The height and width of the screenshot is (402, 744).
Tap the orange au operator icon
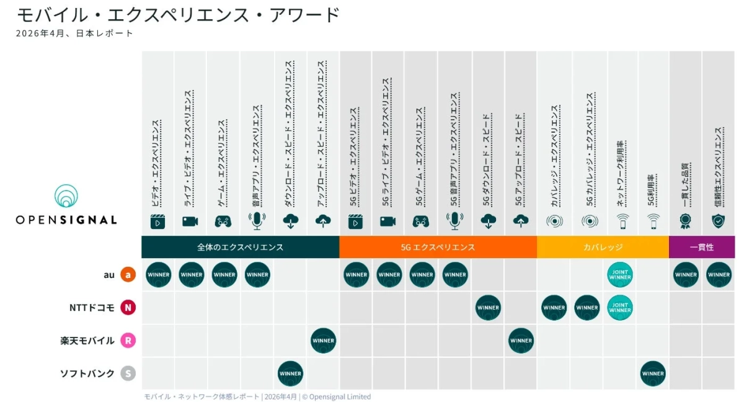point(128,275)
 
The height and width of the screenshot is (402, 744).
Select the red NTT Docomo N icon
point(128,308)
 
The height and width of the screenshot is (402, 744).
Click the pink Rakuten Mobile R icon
point(128,341)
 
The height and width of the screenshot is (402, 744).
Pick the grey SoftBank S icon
point(128,373)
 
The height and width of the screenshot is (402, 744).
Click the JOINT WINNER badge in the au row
point(620,275)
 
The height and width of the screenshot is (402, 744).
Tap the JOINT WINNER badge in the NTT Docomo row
point(620,308)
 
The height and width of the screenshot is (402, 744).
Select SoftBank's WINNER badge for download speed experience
point(290,373)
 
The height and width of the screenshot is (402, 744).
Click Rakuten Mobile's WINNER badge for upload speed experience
point(323,341)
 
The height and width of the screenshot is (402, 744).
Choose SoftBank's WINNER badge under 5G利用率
point(653,373)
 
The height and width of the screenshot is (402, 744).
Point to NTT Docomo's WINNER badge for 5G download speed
point(488,308)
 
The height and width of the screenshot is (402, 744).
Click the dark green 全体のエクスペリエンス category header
point(240,247)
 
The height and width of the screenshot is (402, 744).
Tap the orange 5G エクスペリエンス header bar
point(438,247)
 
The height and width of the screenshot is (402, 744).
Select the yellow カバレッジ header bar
point(603,247)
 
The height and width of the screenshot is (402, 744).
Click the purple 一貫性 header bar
point(702,247)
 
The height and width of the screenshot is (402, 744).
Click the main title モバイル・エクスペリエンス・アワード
point(178,14)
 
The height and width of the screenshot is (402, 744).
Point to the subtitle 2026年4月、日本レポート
point(74,33)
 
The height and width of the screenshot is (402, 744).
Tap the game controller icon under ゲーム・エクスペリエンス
point(223,221)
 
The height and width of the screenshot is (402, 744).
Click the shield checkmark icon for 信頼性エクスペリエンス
point(719,221)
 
